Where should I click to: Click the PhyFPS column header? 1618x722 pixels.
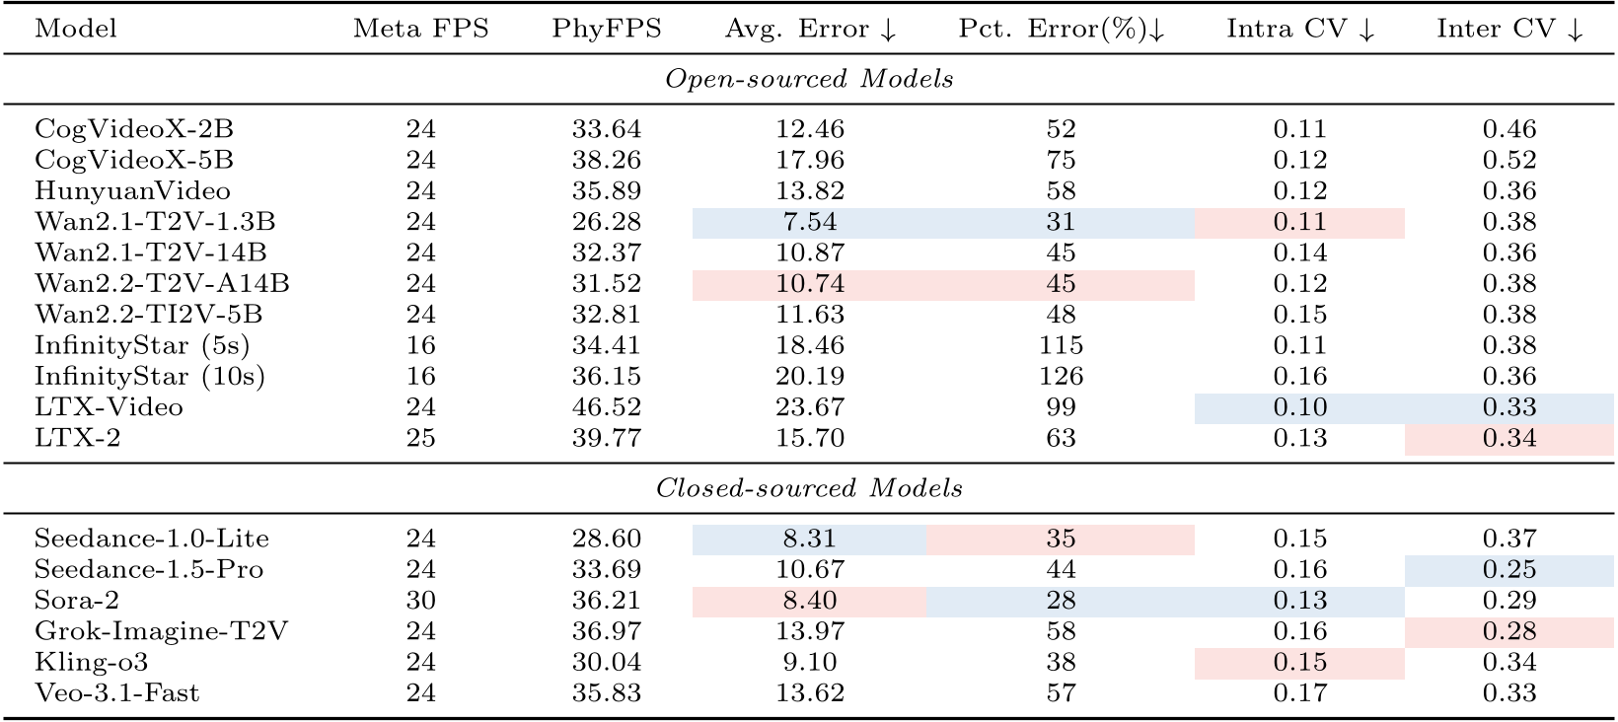tap(606, 29)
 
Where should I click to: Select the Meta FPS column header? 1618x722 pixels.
tap(420, 29)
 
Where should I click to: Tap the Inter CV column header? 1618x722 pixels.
tap(1509, 29)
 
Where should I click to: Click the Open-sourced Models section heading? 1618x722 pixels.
tap(809, 79)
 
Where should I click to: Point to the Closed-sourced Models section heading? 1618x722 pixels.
tap(809, 488)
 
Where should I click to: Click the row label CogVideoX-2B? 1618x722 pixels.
tap(134, 129)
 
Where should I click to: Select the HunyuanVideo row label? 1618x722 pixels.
tap(132, 190)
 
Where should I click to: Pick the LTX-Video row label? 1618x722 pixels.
tap(109, 407)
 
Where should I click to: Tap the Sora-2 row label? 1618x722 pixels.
tap(76, 601)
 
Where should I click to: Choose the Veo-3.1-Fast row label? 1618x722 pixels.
tap(116, 693)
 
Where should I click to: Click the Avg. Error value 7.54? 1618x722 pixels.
tap(809, 222)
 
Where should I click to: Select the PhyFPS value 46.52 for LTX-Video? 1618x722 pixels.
tap(606, 407)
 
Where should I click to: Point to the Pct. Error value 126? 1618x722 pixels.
tap(1061, 376)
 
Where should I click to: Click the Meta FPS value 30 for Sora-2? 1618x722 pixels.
tap(420, 601)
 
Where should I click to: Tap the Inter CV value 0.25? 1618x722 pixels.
tap(1509, 569)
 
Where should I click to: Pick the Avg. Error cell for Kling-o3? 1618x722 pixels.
tap(809, 662)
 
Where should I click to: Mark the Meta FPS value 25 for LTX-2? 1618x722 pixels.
tap(420, 438)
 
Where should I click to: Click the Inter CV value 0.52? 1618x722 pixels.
tap(1509, 160)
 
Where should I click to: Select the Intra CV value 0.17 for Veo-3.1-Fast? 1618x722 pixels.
tap(1299, 693)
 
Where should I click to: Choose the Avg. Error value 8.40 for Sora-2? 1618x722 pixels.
tap(809, 601)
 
